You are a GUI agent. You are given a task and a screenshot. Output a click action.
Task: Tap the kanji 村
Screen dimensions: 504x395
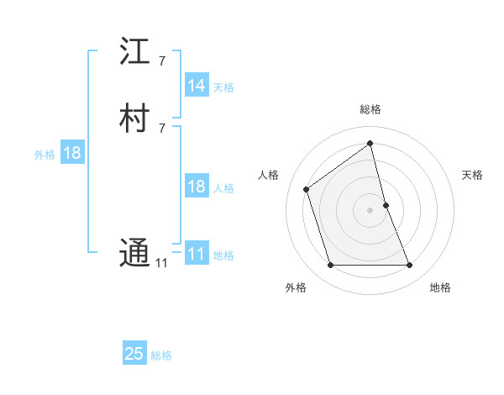pyautogui.click(x=134, y=119)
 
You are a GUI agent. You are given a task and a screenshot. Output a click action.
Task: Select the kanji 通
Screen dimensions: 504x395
pyautogui.click(x=134, y=253)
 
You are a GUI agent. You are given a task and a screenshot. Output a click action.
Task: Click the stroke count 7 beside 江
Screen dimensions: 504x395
pyautogui.click(x=161, y=61)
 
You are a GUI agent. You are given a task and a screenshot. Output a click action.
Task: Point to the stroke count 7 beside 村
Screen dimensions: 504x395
pyautogui.click(x=161, y=128)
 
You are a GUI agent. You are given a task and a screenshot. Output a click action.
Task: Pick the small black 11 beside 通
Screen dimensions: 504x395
pyautogui.click(x=161, y=263)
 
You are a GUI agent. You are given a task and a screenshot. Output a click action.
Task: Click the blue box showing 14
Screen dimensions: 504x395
pyautogui.click(x=197, y=86)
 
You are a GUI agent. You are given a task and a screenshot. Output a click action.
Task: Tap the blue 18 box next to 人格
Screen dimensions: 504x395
pyautogui.click(x=197, y=187)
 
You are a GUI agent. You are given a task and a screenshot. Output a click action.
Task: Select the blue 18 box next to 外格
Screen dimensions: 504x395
pyautogui.click(x=71, y=153)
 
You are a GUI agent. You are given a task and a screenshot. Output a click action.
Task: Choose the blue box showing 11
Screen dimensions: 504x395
pyautogui.click(x=197, y=254)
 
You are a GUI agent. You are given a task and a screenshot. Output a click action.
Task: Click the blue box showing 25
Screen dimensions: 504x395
pyautogui.click(x=134, y=354)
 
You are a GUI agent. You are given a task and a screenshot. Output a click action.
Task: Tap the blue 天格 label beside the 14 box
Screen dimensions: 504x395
pyautogui.click(x=223, y=87)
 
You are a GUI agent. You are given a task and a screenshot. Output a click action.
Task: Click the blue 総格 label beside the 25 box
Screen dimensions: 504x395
pyautogui.click(x=161, y=355)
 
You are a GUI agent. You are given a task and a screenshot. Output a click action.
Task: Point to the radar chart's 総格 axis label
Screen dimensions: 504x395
pyautogui.click(x=370, y=109)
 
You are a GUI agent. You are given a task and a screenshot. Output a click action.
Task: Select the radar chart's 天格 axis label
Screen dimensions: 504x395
pyautogui.click(x=472, y=175)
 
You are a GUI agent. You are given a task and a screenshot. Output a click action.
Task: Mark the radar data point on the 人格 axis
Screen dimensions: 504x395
pyautogui.click(x=307, y=188)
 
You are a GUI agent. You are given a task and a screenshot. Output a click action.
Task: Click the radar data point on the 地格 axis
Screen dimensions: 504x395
pyautogui.click(x=410, y=266)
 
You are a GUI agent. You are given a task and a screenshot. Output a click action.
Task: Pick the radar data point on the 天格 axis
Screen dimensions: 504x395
pyautogui.click(x=386, y=204)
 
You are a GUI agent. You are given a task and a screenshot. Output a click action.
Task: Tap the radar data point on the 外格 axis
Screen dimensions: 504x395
pyautogui.click(x=330, y=266)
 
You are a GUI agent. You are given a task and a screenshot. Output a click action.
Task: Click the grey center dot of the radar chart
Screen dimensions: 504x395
pyautogui.click(x=370, y=209)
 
